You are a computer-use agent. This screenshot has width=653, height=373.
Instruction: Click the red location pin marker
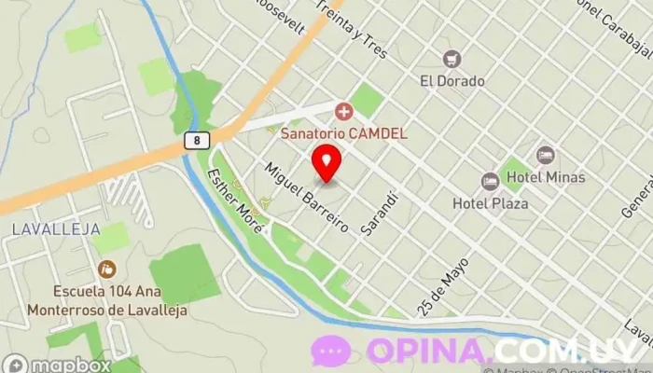click(x=326, y=162)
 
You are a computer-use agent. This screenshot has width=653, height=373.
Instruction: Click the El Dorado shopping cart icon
click(x=452, y=60)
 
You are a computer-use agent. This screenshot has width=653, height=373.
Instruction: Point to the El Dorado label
click(x=452, y=81)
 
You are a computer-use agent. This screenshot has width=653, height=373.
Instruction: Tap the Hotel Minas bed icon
click(x=546, y=155)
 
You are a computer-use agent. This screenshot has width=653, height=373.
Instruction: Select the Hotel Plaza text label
click(x=490, y=202)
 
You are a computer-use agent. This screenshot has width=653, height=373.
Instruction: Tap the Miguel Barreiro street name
click(x=307, y=197)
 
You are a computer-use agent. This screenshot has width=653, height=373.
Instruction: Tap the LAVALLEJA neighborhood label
click(x=45, y=228)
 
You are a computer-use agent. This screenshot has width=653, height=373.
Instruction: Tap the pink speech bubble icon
click(x=331, y=352)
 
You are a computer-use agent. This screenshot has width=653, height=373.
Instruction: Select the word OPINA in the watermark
click(x=428, y=352)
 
